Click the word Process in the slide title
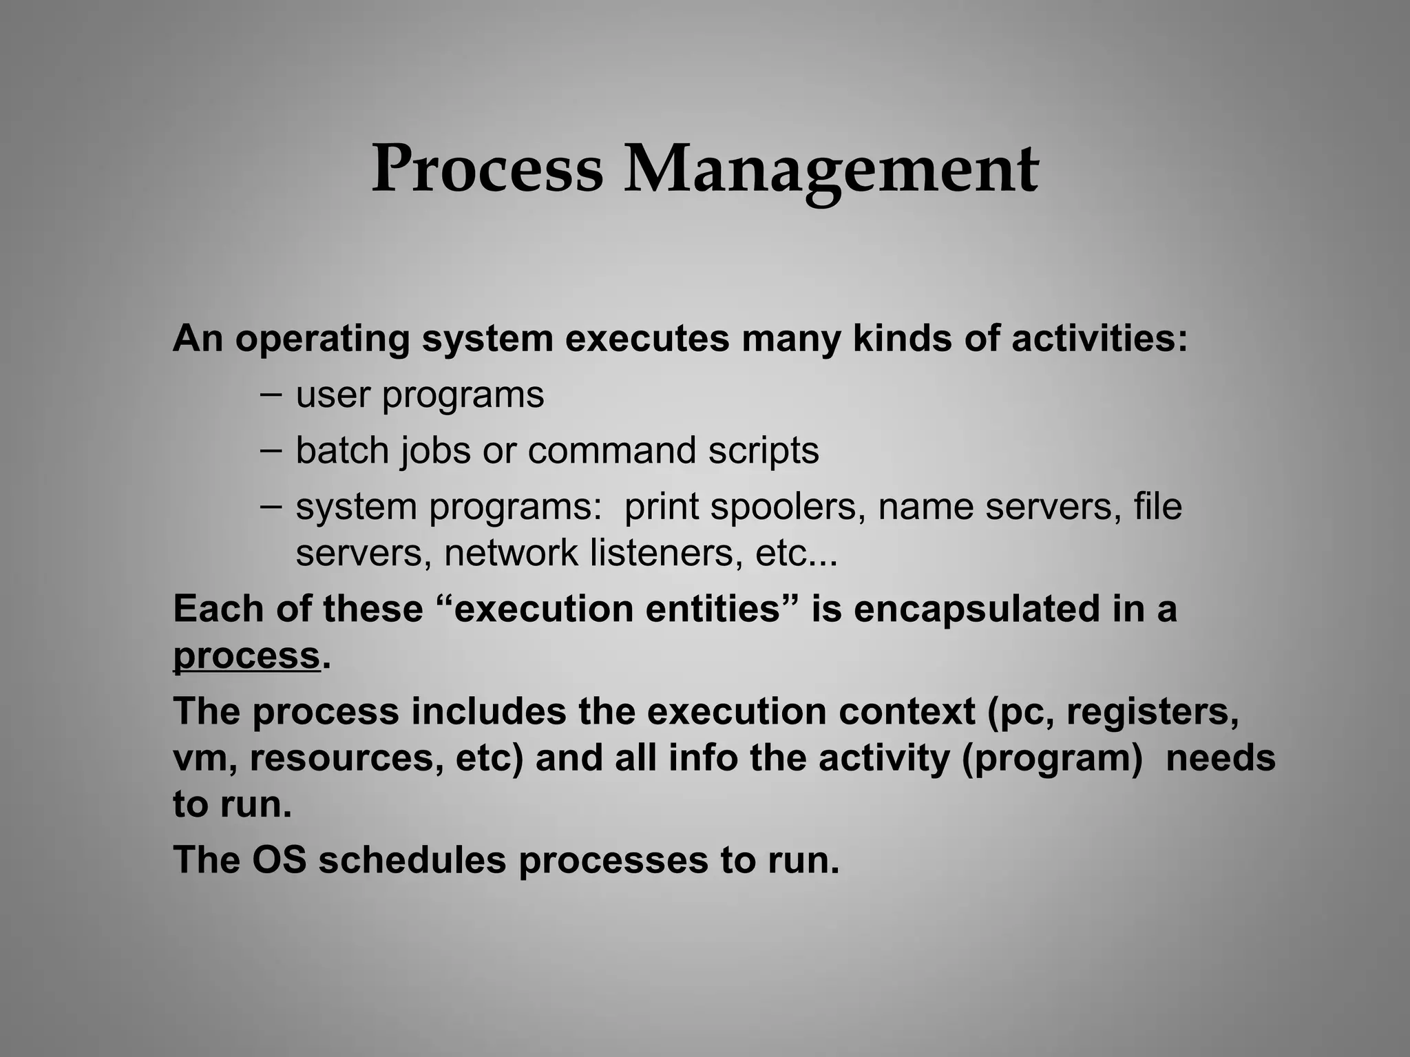click(487, 169)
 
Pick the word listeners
click(666, 553)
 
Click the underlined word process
click(246, 656)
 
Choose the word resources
click(346, 758)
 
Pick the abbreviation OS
click(279, 859)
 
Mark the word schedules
click(412, 859)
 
